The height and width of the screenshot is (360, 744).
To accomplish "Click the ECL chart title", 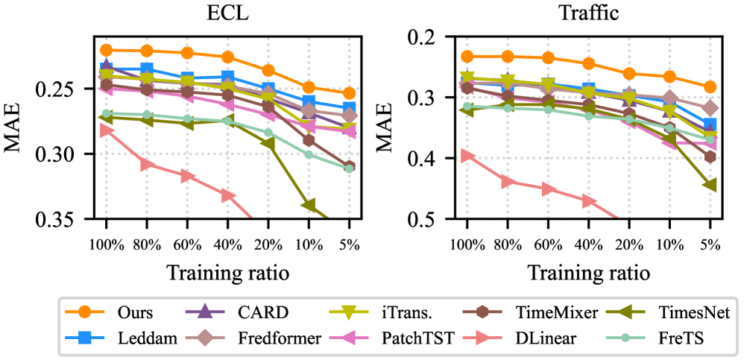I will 227,13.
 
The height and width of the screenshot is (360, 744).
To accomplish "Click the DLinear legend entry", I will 544,338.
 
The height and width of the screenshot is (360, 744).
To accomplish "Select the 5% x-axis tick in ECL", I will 349,244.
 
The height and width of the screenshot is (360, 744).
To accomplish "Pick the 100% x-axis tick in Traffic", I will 467,244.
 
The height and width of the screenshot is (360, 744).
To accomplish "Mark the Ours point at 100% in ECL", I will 106,50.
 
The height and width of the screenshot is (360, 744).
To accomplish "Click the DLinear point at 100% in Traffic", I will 467,155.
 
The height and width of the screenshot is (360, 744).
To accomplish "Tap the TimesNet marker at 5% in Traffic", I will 710,184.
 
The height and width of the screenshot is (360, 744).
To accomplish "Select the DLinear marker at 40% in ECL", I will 227,195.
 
